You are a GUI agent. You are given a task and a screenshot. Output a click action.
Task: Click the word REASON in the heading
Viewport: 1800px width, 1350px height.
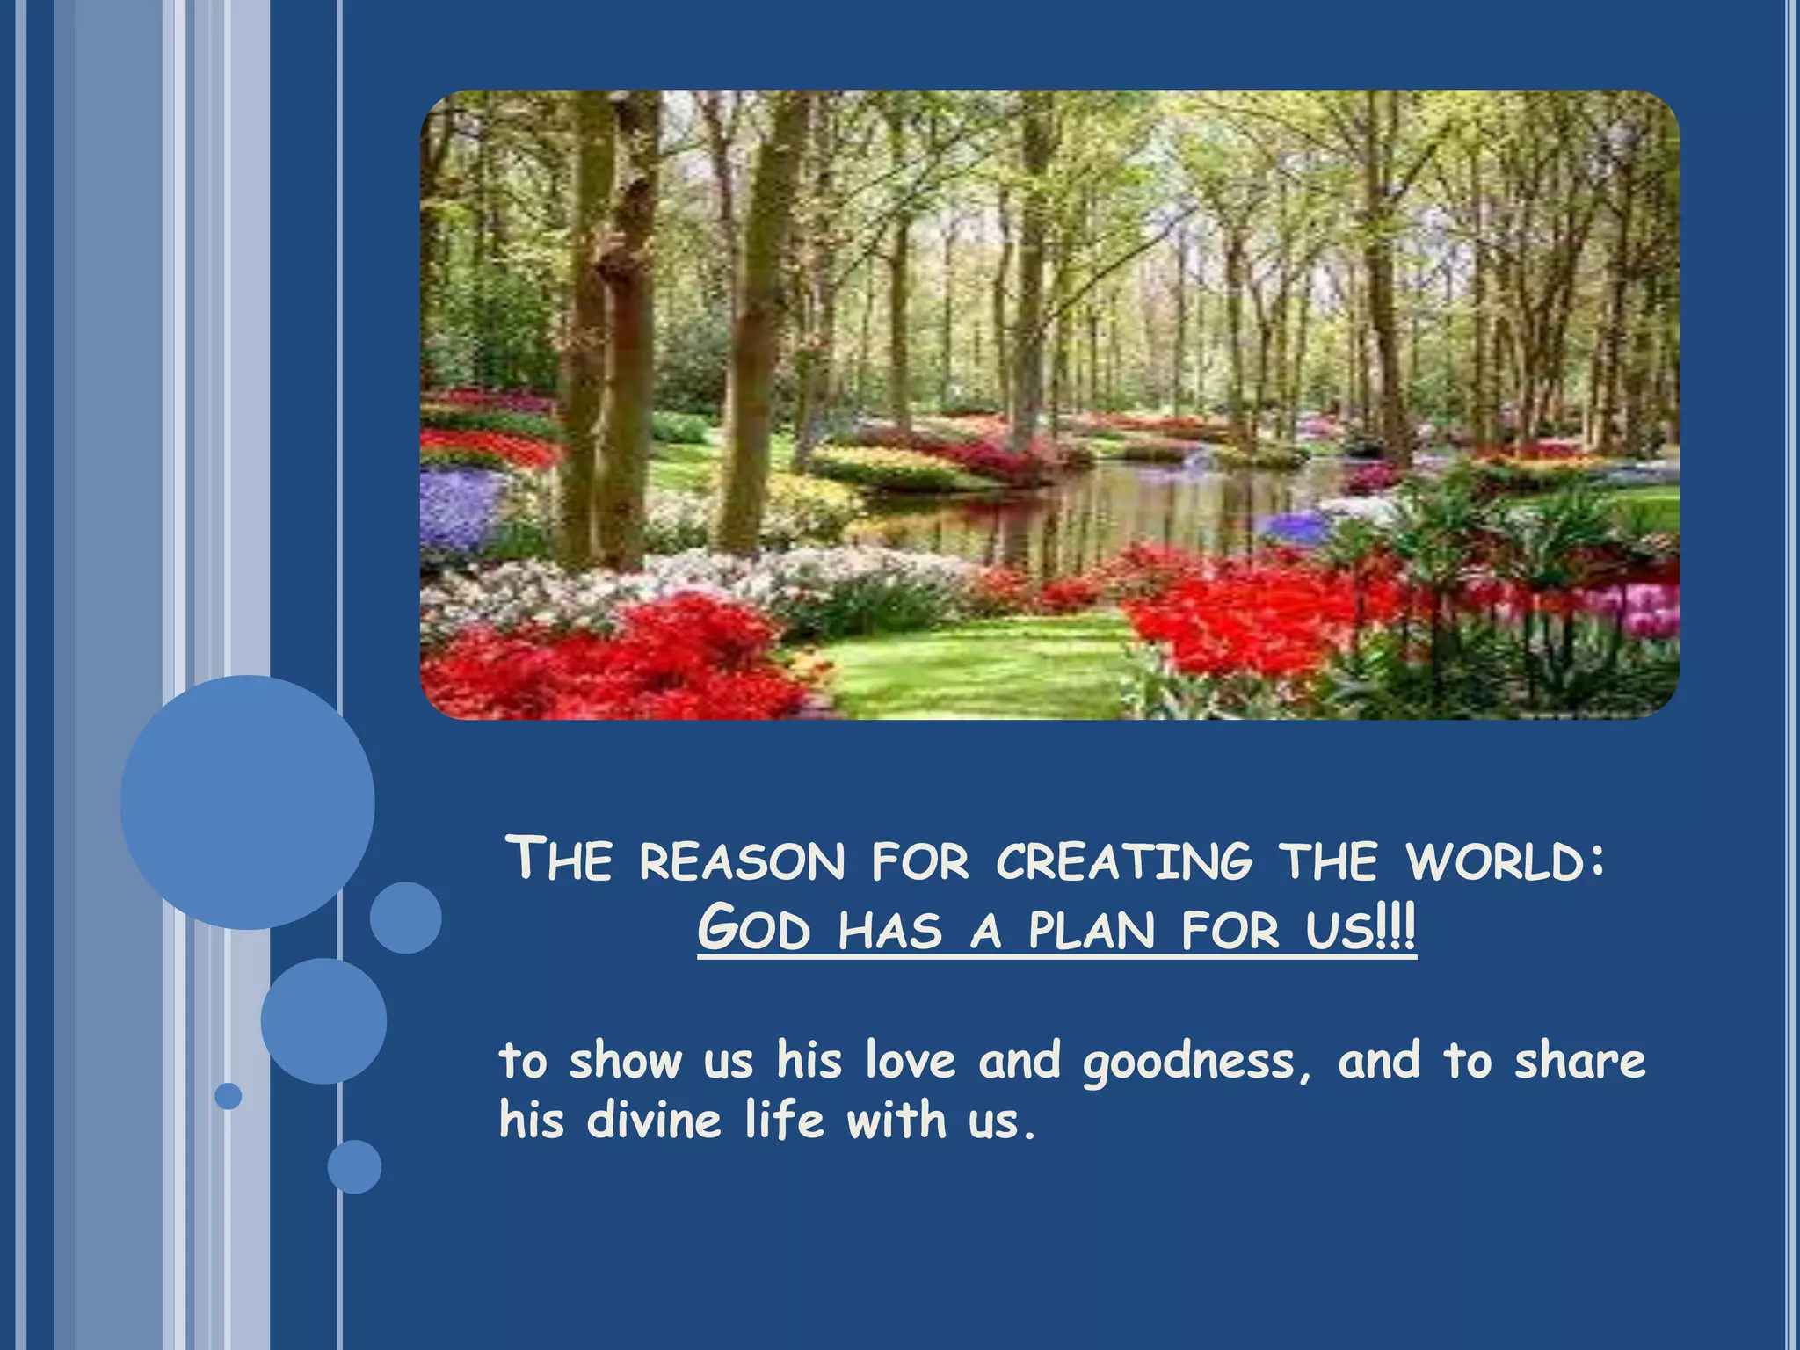(x=742, y=861)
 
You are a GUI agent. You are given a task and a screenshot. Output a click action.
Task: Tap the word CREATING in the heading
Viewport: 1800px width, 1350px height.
(x=1124, y=861)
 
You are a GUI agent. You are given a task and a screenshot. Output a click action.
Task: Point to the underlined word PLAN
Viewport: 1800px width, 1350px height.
(x=1091, y=930)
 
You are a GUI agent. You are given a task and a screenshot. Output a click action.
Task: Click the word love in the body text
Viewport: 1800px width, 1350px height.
(x=910, y=1060)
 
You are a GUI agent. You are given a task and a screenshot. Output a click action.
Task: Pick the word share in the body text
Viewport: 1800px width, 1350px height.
(x=1579, y=1060)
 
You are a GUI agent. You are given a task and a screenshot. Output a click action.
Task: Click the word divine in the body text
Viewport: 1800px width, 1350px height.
(x=653, y=1121)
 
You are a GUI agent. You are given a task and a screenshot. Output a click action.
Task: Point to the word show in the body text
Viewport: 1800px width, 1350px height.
(x=625, y=1060)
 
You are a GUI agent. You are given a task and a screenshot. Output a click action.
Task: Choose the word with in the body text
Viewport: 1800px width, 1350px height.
(x=896, y=1120)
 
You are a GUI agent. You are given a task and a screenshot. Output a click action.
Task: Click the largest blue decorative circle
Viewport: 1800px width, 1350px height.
(x=247, y=802)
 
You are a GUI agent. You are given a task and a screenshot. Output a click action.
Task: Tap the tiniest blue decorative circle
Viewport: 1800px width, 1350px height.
(x=229, y=1096)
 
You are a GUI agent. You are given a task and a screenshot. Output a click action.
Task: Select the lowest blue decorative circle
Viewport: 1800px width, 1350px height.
(x=354, y=1166)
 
